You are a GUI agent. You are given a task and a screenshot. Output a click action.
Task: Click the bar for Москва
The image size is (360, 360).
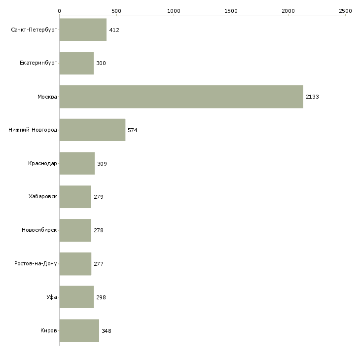[181, 97]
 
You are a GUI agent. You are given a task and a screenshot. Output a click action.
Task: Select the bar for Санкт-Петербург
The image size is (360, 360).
[83, 30]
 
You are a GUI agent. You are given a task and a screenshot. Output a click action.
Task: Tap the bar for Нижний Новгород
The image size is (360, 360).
[92, 130]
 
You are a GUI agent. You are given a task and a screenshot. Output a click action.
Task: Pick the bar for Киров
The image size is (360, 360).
[79, 330]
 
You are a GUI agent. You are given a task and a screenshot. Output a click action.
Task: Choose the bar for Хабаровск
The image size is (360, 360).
[75, 197]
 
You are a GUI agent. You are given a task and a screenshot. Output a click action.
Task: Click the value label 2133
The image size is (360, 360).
[312, 97]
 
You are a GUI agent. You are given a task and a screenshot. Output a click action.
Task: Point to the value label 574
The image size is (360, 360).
[133, 130]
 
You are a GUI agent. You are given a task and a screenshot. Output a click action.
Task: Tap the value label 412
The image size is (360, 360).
[114, 30]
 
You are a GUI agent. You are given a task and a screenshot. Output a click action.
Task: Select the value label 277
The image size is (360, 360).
[99, 264]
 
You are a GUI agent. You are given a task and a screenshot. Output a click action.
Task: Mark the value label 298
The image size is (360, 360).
[101, 297]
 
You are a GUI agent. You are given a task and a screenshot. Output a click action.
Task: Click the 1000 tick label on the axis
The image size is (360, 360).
[174, 11]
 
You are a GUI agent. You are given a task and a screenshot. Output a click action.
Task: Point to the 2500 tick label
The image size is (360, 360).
[345, 11]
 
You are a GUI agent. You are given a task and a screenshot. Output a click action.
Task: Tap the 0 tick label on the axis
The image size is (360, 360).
[60, 11]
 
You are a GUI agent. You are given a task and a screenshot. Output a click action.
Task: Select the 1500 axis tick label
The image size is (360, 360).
[231, 11]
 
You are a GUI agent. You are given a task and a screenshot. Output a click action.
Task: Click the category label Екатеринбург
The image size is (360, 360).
[38, 63]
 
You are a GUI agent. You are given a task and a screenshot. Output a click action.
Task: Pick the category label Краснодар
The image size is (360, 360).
[42, 163]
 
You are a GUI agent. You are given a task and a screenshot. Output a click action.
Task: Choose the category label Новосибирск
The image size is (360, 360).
[39, 230]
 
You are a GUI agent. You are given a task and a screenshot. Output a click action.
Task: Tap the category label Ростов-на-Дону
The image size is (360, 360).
[36, 263]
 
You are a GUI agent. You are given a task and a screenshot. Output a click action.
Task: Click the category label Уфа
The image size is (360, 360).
[52, 297]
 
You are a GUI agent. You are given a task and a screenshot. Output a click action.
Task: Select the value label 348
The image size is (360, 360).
[107, 331]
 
